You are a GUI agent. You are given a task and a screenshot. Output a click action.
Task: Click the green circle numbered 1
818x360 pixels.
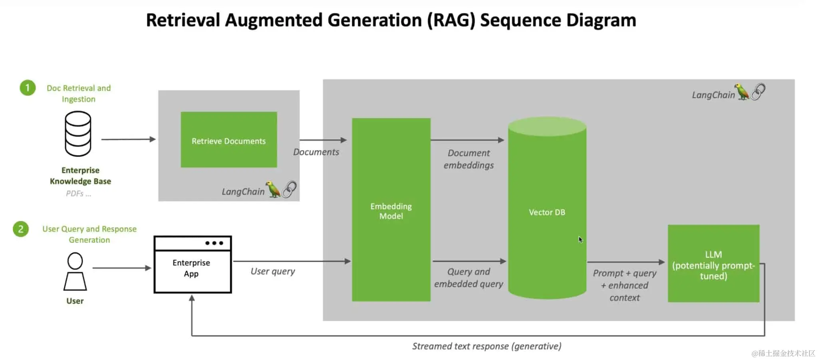point(28,88)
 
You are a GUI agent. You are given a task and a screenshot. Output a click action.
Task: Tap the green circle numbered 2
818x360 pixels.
point(21,229)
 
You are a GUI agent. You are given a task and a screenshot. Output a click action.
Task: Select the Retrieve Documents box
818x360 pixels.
point(228,140)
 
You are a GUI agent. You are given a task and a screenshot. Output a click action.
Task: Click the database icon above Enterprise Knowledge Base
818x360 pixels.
point(78,134)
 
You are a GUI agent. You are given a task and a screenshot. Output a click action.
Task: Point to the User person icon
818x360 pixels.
point(75,271)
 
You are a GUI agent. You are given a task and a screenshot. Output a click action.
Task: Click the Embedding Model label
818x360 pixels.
point(391,211)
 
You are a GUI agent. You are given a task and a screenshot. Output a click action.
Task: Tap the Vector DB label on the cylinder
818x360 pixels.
point(546,212)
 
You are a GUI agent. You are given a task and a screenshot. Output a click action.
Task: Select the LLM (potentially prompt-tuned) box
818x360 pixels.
point(713,264)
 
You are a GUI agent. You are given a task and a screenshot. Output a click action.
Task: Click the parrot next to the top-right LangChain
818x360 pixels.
point(742,92)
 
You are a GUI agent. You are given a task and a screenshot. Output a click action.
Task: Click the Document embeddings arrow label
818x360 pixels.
point(469,159)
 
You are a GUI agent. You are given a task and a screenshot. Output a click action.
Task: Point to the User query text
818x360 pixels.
point(272,271)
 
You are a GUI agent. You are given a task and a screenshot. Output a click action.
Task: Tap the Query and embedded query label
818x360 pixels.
point(469,278)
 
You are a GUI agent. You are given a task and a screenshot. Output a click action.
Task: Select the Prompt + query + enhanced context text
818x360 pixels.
point(624,285)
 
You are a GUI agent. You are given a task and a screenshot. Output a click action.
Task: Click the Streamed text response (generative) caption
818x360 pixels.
point(486,346)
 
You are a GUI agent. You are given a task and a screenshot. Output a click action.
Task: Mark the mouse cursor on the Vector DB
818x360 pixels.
point(580,239)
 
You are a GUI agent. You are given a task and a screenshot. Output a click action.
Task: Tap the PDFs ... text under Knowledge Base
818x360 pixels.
point(78,194)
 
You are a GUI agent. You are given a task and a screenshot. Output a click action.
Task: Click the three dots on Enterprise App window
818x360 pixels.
point(214,243)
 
